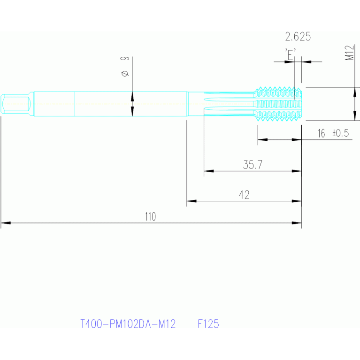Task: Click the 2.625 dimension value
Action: (298, 37)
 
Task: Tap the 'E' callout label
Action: (291, 54)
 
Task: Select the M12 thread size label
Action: (349, 53)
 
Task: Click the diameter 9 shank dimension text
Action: (125, 66)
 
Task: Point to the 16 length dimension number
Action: (321, 133)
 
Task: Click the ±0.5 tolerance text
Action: (341, 133)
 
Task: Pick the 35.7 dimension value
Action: (253, 165)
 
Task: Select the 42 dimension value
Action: (244, 195)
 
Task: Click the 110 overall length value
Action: (150, 216)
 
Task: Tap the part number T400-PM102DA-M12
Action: (128, 324)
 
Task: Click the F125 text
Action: (208, 324)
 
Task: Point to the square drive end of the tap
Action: (15, 104)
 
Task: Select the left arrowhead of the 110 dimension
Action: (6, 223)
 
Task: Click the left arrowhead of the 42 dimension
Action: (191, 201)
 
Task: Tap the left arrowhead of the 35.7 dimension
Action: (209, 171)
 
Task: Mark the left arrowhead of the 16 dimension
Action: (263, 139)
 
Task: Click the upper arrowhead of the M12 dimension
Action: (355, 92)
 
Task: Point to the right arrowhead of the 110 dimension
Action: (297, 223)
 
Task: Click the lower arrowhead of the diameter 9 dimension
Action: (132, 111)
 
